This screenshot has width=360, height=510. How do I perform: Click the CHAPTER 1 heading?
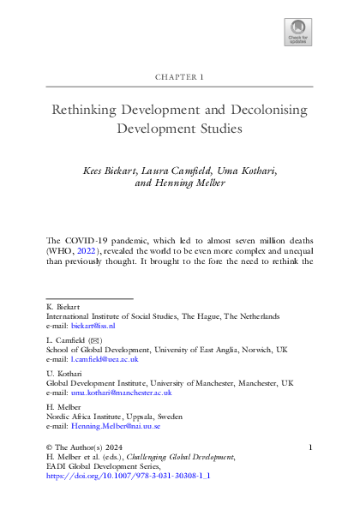(x=179, y=75)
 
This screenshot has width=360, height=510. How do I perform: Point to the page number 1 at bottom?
(x=310, y=447)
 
